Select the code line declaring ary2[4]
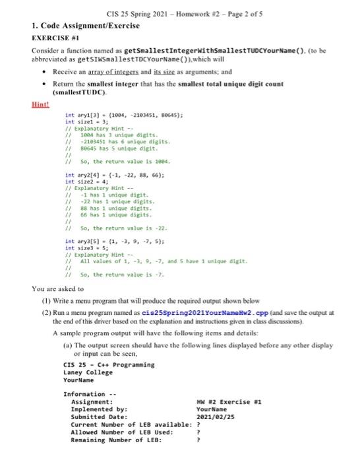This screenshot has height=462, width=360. click(x=109, y=176)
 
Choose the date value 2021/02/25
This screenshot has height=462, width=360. click(x=216, y=416)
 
